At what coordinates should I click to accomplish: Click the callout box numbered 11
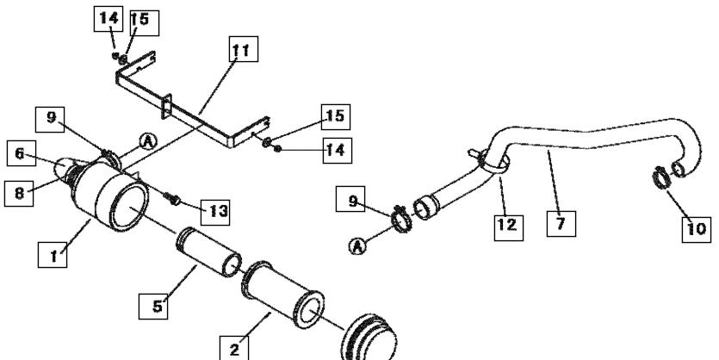[243, 49]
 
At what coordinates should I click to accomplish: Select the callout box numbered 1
[53, 255]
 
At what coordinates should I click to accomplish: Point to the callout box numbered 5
[153, 306]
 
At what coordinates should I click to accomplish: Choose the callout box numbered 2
[234, 349]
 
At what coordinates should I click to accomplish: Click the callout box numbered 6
[21, 153]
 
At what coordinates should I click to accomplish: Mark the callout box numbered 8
[19, 193]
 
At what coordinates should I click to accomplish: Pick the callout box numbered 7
[561, 224]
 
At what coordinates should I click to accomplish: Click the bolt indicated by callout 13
[172, 199]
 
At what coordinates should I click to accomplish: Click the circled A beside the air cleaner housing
[147, 142]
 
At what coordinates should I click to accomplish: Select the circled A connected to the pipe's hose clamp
[357, 246]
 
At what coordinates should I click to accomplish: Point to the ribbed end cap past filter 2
[369, 338]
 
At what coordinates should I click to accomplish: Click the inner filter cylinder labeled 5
[208, 252]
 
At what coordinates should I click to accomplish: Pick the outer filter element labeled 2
[282, 295]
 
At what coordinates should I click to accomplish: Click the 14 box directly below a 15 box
[337, 151]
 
